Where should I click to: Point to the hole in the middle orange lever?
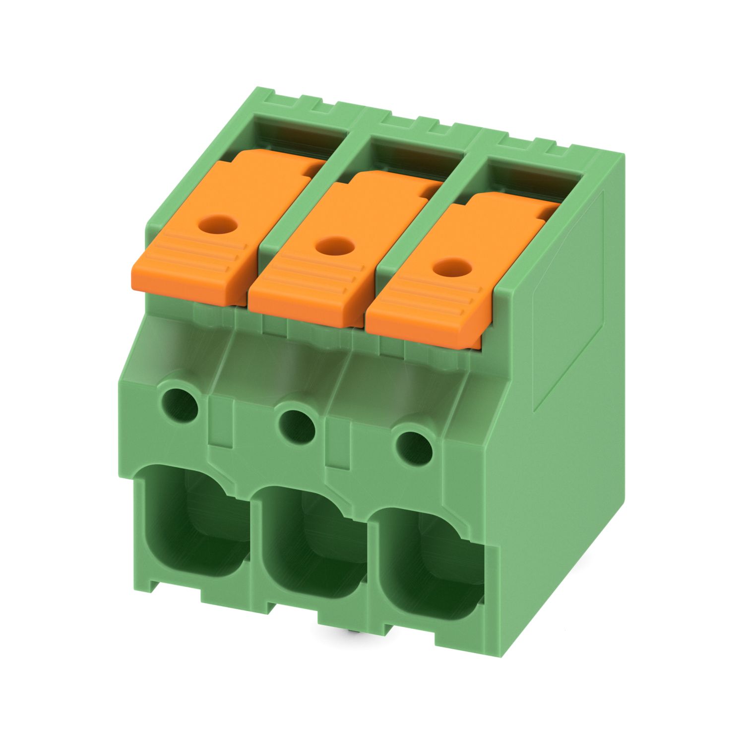pyautogui.click(x=333, y=245)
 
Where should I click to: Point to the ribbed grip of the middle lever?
pyautogui.click(x=308, y=293)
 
